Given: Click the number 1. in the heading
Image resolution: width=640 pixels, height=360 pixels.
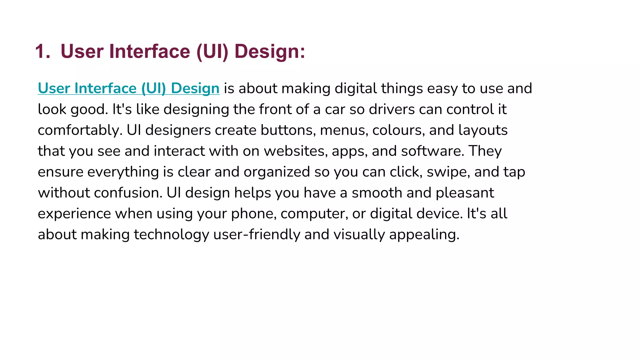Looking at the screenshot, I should pos(42,52).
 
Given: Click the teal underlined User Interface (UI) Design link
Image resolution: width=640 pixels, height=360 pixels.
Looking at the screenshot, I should pos(128,88).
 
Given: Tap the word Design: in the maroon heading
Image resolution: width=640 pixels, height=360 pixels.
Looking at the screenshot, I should pos(270,52).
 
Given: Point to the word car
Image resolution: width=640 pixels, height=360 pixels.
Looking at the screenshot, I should pos(335,109).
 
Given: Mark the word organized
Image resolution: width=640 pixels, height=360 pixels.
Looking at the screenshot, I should pos(277,172).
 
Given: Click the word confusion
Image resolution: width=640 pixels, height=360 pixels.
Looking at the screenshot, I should pos(128,193).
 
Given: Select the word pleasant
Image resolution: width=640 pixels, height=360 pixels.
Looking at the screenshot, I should pos(465,193).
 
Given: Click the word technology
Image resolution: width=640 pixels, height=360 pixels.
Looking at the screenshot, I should pos(171,235).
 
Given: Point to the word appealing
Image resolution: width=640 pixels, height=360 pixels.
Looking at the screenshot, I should pos(424,235).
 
